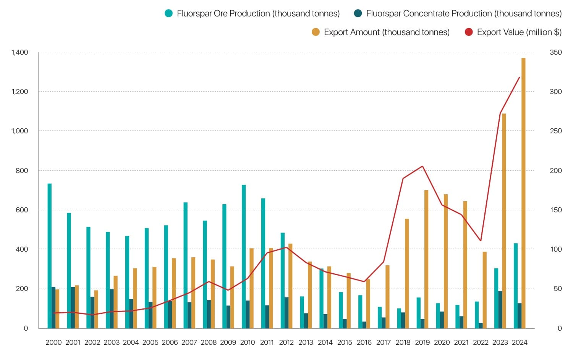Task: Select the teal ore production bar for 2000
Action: tap(50, 256)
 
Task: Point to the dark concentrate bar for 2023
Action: tap(500, 310)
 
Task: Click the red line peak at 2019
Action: tap(422, 166)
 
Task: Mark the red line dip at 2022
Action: tap(481, 241)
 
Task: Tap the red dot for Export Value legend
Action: tap(469, 32)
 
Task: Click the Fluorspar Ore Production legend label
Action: tap(258, 13)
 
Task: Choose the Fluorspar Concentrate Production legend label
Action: tap(464, 13)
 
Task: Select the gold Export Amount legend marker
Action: tap(316, 32)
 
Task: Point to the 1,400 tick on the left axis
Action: tap(20, 52)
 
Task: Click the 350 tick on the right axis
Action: tap(555, 52)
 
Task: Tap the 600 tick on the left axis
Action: tap(22, 210)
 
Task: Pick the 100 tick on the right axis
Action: tap(555, 249)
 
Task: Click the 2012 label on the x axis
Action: tap(286, 342)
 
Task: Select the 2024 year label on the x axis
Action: tap(520, 342)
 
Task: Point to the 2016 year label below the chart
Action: tap(364, 342)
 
